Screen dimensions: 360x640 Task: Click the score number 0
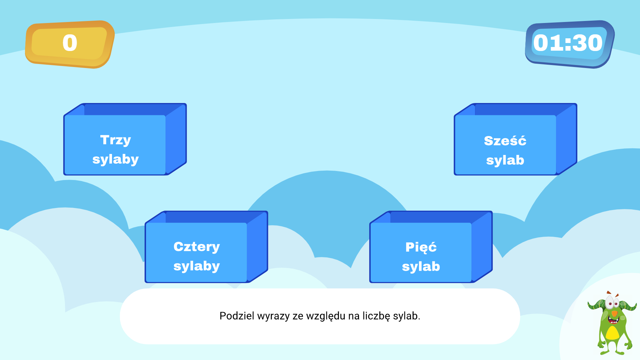click(70, 43)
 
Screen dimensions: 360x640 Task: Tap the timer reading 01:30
click(568, 43)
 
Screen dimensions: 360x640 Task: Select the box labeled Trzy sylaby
click(115, 145)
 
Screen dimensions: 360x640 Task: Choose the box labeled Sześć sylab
click(505, 145)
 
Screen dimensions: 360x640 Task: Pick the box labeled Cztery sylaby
click(196, 252)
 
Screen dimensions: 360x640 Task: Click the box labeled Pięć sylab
click(421, 252)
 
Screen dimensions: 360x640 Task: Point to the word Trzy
click(115, 140)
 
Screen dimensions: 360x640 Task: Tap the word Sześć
click(505, 141)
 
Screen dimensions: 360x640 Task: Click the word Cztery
click(197, 247)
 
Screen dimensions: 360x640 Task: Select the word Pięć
click(421, 247)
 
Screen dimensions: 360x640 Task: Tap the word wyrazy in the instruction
click(273, 316)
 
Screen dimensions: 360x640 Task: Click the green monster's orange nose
click(614, 313)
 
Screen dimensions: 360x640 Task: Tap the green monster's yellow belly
click(612, 333)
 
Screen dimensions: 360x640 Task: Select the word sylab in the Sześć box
click(505, 160)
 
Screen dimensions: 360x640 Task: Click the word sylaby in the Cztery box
click(197, 266)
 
